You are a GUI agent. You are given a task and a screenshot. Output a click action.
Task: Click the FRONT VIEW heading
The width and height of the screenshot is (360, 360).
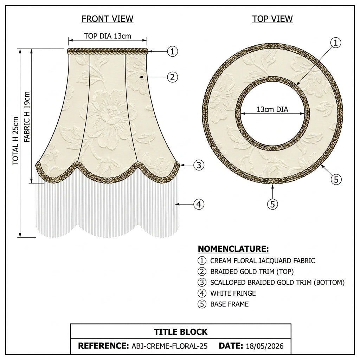(x=108, y=19)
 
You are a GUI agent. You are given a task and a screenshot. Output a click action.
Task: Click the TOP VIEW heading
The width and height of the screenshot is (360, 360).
(x=272, y=19)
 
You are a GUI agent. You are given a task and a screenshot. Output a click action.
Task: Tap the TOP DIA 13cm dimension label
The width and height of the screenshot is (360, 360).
(x=108, y=36)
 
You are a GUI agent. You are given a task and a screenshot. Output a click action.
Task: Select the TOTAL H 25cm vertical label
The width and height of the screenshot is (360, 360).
(x=15, y=141)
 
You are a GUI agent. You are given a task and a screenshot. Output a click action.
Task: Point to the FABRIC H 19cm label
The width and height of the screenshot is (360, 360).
(x=27, y=117)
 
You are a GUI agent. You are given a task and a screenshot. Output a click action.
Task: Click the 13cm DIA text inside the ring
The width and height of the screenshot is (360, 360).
(x=272, y=109)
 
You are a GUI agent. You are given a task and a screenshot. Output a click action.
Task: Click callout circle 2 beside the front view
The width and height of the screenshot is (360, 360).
(x=172, y=77)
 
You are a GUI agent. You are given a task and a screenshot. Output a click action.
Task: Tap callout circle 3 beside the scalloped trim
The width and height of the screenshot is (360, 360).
(x=199, y=165)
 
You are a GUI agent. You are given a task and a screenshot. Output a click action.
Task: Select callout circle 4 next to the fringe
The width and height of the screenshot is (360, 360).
(x=199, y=204)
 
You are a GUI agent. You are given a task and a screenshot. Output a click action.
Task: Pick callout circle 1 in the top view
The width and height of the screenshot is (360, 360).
(x=336, y=43)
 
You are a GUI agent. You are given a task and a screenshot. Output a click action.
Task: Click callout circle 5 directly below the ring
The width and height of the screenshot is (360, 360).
(x=272, y=204)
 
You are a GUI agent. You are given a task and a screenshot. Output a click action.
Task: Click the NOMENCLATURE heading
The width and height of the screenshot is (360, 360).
(x=233, y=249)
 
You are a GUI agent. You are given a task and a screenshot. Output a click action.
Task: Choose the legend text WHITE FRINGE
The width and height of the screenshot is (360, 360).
(x=233, y=293)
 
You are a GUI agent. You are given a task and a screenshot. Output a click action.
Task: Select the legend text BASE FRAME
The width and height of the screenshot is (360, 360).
(x=230, y=304)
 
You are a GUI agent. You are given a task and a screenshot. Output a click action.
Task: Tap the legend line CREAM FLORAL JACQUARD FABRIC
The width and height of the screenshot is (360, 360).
(x=263, y=261)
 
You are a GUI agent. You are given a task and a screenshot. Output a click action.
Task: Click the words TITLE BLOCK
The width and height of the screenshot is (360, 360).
(x=180, y=332)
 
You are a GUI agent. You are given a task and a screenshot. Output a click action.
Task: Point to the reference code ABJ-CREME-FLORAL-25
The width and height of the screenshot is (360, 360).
(x=169, y=346)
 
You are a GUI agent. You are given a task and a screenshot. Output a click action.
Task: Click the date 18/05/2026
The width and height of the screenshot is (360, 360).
(x=264, y=346)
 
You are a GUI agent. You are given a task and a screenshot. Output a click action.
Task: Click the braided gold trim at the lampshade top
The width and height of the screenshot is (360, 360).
(x=108, y=51)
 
